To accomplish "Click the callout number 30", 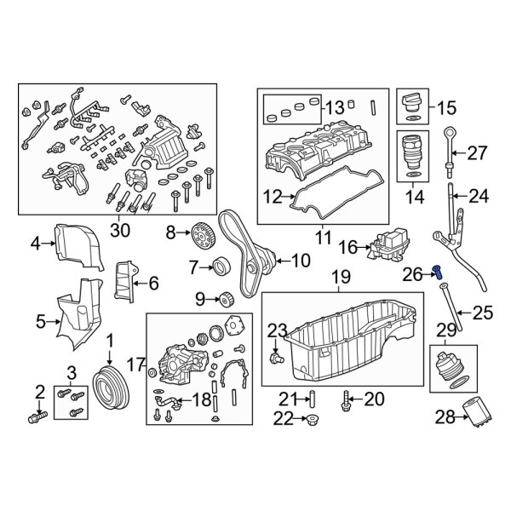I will pyautogui.click(x=119, y=229).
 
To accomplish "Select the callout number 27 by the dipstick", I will pyautogui.click(x=477, y=153).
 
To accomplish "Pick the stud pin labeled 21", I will pyautogui.click(x=312, y=398).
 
